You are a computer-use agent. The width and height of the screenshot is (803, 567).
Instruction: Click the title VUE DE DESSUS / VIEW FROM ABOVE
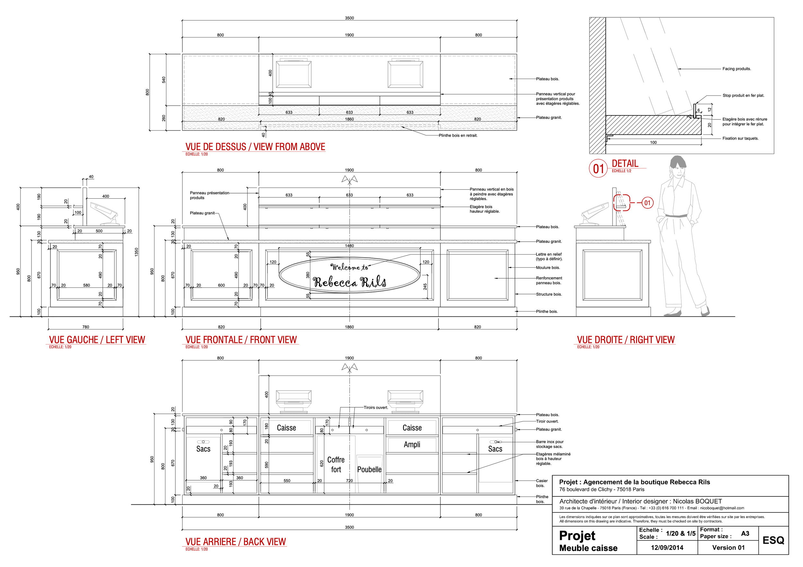(255, 147)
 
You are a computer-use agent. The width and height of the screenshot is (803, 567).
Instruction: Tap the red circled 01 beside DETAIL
(598, 169)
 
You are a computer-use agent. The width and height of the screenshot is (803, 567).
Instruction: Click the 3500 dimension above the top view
(349, 18)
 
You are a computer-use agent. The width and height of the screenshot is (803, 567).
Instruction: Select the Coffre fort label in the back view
(336, 465)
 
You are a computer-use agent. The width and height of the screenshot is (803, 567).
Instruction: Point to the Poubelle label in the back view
(369, 469)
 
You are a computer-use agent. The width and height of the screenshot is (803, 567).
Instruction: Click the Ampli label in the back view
(412, 445)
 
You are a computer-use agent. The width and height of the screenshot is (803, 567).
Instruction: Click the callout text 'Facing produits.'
(737, 69)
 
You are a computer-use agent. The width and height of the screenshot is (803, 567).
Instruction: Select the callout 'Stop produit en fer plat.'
(743, 95)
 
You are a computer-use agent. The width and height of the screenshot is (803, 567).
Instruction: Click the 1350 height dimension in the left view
(137, 252)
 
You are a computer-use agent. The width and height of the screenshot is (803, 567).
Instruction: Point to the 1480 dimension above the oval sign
(349, 246)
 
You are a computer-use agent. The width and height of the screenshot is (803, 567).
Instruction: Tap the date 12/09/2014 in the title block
(666, 547)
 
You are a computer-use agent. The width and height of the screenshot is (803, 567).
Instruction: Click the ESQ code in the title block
(773, 540)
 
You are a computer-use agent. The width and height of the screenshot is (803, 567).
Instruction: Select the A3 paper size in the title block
(745, 533)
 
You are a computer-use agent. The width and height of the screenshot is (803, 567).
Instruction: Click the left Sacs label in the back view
(203, 449)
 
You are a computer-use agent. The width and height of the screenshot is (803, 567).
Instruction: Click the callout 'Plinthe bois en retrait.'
(458, 135)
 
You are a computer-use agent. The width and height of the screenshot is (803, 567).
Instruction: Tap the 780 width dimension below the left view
(86, 327)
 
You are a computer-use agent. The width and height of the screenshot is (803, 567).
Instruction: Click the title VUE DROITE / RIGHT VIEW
(625, 339)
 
